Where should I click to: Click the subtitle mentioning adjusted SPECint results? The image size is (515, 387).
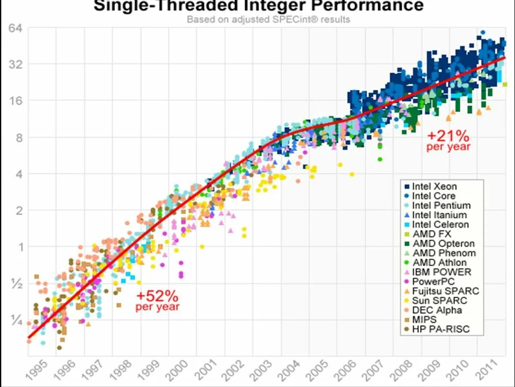(268, 19)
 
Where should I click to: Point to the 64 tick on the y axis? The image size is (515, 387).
(14, 28)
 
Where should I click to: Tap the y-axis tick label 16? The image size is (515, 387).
(14, 101)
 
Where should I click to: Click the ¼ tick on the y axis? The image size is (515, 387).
(14, 320)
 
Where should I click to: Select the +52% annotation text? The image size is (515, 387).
(157, 296)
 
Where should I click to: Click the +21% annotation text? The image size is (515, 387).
(448, 136)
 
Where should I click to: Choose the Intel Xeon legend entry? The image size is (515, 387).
(434, 187)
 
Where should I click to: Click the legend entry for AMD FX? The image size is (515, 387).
(431, 234)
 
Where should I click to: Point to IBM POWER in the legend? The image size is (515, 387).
(441, 273)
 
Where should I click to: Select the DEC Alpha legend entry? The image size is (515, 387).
(437, 310)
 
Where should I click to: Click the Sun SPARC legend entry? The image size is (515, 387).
(439, 300)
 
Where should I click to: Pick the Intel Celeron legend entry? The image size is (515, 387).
(440, 225)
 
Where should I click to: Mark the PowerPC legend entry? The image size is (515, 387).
(433, 282)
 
